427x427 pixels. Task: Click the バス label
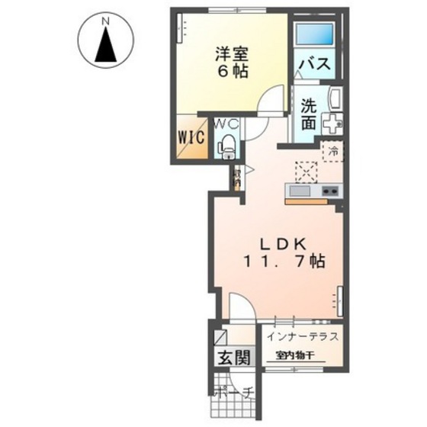coord(313,64)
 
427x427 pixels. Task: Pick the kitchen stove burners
coord(330,191)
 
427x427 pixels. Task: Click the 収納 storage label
coord(237,177)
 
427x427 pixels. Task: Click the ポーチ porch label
coord(233,395)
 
